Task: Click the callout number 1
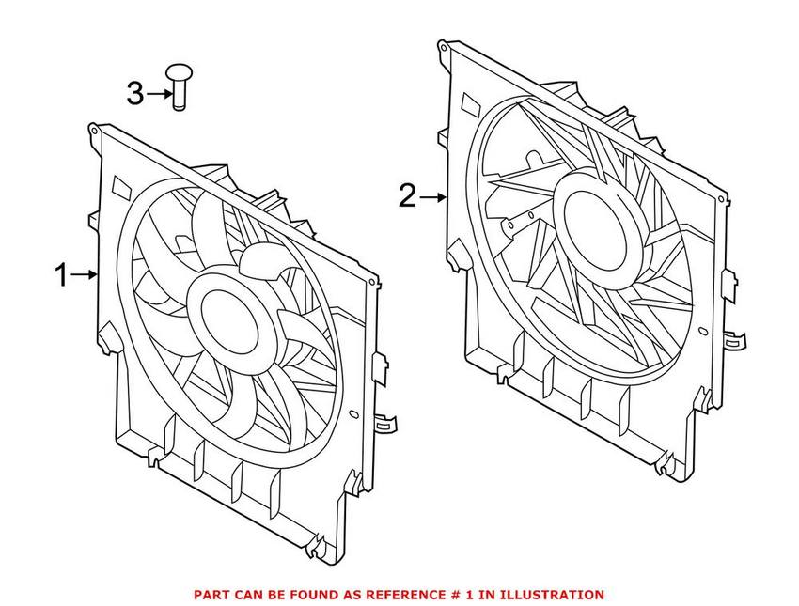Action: coord(60,275)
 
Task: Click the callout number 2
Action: coord(406,196)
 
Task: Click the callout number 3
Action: coord(135,93)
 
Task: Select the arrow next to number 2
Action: coord(432,197)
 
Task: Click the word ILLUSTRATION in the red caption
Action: coord(554,595)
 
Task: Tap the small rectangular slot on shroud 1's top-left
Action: coord(122,186)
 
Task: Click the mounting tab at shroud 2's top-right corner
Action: coord(724,200)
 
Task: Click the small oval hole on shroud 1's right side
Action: coord(353,413)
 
